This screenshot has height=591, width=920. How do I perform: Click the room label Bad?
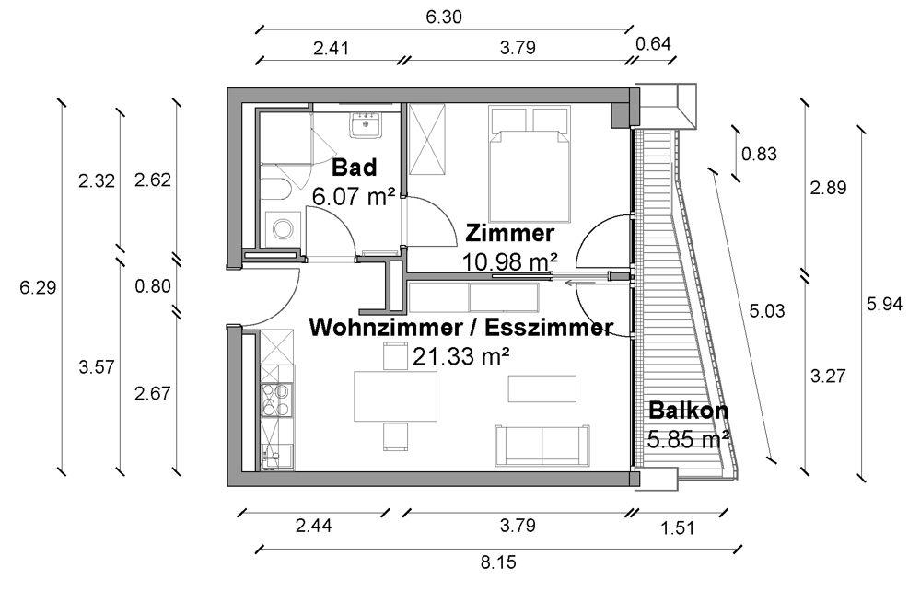(354, 168)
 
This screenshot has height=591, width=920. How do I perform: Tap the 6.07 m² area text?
(354, 196)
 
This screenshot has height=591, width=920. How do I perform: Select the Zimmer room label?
(508, 233)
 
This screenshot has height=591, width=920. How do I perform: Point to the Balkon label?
(688, 411)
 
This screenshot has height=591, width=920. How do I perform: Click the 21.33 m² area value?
(461, 356)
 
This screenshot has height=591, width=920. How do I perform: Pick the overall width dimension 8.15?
(498, 562)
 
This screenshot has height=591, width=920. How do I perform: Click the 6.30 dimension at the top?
(444, 17)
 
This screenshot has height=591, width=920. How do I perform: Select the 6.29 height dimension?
(37, 288)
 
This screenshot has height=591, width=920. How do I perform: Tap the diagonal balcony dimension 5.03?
(766, 310)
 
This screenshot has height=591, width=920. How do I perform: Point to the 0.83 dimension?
(759, 155)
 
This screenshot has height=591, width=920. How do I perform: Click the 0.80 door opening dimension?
(153, 286)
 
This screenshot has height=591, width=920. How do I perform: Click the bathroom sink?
(367, 125)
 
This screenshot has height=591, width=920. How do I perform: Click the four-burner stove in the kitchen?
(276, 400)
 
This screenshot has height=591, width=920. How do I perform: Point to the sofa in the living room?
(542, 446)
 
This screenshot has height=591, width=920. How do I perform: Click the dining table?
(395, 397)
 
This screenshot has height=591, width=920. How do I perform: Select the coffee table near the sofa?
(542, 388)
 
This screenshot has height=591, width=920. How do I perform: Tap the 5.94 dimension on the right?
(884, 304)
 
